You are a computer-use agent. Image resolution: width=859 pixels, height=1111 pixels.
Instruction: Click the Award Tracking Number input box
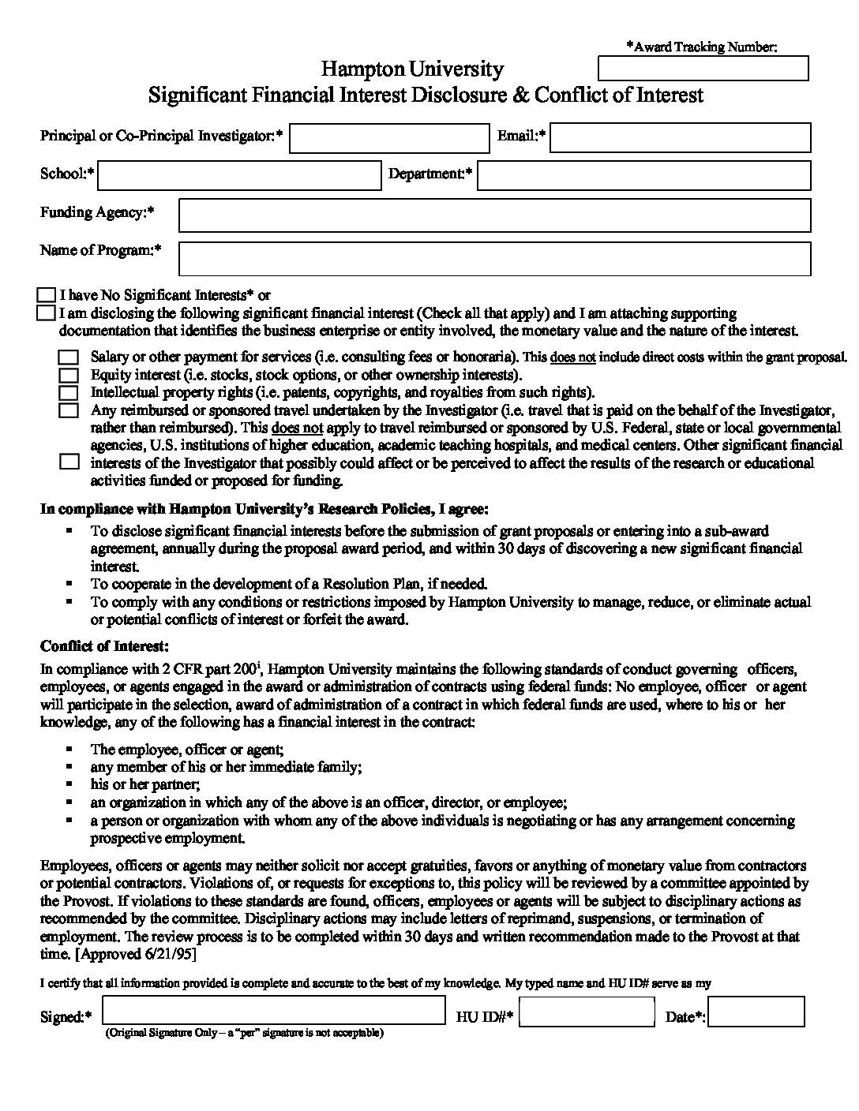tap(703, 69)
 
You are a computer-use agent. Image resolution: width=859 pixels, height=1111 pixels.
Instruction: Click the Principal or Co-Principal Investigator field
tap(389, 138)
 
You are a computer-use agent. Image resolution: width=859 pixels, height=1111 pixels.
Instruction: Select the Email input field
tap(681, 137)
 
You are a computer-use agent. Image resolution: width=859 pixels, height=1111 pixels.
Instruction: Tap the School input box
tap(239, 175)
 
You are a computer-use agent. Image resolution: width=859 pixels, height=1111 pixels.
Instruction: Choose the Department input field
tap(643, 175)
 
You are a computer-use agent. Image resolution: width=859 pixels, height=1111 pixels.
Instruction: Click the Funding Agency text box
tap(495, 215)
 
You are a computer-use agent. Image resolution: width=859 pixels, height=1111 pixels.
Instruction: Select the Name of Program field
tap(495, 258)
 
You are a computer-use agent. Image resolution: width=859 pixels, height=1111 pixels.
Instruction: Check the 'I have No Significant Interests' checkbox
tap(47, 295)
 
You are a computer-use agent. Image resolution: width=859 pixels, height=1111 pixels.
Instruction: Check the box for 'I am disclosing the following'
tap(47, 313)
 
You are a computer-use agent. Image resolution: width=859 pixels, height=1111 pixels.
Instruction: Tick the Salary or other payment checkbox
tap(69, 357)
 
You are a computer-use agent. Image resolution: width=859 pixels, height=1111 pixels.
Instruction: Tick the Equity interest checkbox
tap(69, 375)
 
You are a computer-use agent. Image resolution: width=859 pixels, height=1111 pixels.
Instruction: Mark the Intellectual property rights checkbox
tap(69, 392)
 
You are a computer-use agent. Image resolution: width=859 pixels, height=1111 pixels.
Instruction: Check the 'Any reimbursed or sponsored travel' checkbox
tap(69, 410)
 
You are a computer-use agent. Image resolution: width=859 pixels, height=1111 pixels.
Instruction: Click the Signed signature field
tap(274, 1011)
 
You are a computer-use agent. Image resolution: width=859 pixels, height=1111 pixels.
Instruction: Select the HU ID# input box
tap(587, 1012)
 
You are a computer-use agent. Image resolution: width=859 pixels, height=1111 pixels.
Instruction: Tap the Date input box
tap(756, 1012)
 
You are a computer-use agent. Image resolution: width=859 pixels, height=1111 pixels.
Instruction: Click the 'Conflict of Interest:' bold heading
tap(104, 647)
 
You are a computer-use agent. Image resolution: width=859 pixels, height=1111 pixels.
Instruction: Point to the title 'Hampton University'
tap(413, 69)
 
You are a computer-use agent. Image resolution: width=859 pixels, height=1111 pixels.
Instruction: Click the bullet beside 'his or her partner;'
tap(70, 784)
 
